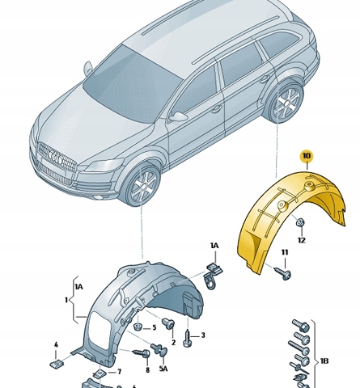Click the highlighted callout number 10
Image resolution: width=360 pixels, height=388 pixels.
[307, 156]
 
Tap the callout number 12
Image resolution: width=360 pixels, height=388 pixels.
[302, 240]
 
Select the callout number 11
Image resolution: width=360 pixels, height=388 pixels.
[285, 252]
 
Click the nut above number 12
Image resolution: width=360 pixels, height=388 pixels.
[300, 222]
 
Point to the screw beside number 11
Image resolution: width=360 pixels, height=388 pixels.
[282, 272]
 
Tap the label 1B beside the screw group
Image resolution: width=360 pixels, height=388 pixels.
[324, 361]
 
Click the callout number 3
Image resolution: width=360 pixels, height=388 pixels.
[203, 335]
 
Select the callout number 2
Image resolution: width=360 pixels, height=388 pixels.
[173, 342]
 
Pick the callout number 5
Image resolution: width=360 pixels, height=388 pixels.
[154, 327]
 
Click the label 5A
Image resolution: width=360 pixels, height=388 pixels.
[163, 368]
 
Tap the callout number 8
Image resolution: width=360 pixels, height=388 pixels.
[147, 370]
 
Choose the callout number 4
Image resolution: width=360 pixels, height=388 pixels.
[56, 344]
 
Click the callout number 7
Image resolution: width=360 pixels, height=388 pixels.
[119, 372]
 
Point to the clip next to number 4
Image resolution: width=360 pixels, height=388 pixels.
[57, 364]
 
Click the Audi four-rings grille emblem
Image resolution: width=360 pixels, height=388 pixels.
[56, 159]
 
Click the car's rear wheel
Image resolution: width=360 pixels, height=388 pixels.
[286, 102]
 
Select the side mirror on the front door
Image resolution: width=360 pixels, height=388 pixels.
[177, 116]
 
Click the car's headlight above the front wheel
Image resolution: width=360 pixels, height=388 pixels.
[104, 165]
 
